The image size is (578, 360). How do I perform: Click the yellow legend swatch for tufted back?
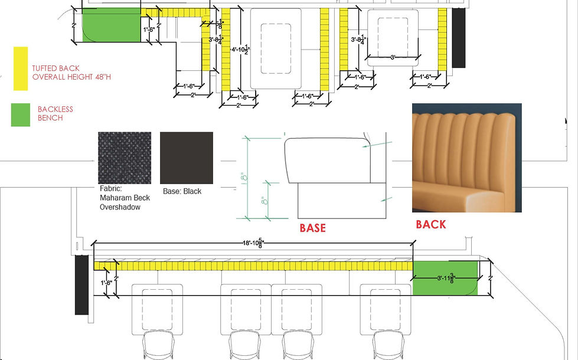tap(21, 68)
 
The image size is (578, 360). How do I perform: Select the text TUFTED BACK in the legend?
tap(56, 68)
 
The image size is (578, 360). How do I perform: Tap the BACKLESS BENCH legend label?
tap(50, 114)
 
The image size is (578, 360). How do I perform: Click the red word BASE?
tap(312, 228)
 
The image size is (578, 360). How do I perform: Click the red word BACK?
tap(431, 224)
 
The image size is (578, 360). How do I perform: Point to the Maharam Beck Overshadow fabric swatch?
tap(124, 158)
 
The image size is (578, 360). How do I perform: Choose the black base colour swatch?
tap(186, 158)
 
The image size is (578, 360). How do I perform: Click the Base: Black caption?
tap(182, 191)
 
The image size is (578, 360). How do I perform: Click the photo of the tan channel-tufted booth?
tap(466, 158)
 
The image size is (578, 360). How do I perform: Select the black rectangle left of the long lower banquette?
tap(82, 286)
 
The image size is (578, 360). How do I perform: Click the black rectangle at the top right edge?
tap(459, 38)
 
